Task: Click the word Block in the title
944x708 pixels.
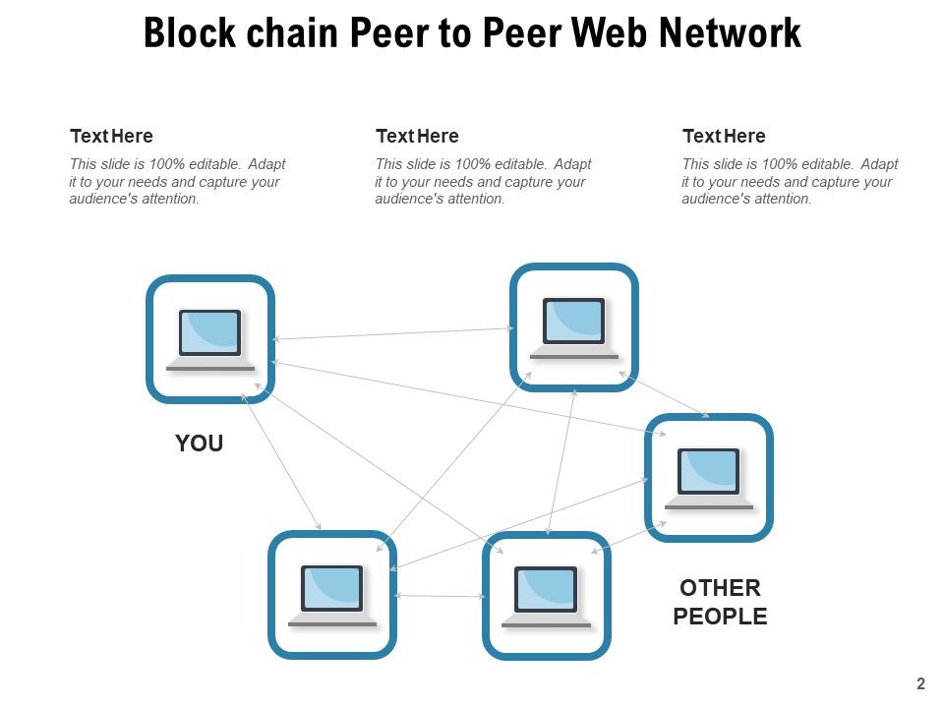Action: coord(190,32)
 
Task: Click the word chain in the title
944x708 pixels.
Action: coord(293,32)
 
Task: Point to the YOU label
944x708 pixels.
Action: coord(200,443)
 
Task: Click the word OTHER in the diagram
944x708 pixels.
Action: coord(720,588)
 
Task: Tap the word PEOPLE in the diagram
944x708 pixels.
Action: coord(720,617)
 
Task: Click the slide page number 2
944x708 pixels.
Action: coord(920,683)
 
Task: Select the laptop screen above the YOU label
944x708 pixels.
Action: coord(210,332)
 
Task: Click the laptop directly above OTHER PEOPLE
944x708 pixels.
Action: coord(709,479)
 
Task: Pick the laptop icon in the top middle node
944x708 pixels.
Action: coord(573,328)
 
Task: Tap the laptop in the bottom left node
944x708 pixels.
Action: coord(332,596)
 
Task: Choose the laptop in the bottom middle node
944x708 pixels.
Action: coord(546,597)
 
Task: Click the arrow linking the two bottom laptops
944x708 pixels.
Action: coord(440,596)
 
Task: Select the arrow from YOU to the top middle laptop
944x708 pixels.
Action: coord(393,333)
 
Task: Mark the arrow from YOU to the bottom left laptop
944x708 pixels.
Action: coord(281,462)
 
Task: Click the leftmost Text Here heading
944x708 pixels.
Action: coord(111,136)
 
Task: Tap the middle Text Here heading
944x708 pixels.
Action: coord(417,136)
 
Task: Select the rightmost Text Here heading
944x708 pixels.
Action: coord(724,136)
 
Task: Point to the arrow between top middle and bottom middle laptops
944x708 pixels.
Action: coord(561,462)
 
